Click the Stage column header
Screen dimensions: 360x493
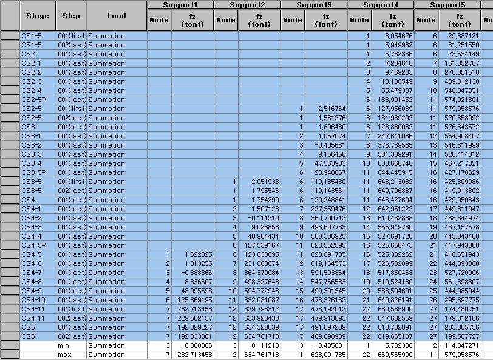pyautogui.click(x=37, y=16)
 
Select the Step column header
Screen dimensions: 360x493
pyautogui.click(x=71, y=16)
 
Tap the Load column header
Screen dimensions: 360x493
pyautogui.click(x=117, y=16)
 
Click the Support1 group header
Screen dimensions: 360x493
pyautogui.click(x=180, y=5)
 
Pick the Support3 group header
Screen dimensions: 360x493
pyautogui.click(x=314, y=5)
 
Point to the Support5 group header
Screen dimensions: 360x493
pyautogui.click(x=447, y=5)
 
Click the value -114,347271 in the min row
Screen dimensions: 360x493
pyautogui.click(x=460, y=345)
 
